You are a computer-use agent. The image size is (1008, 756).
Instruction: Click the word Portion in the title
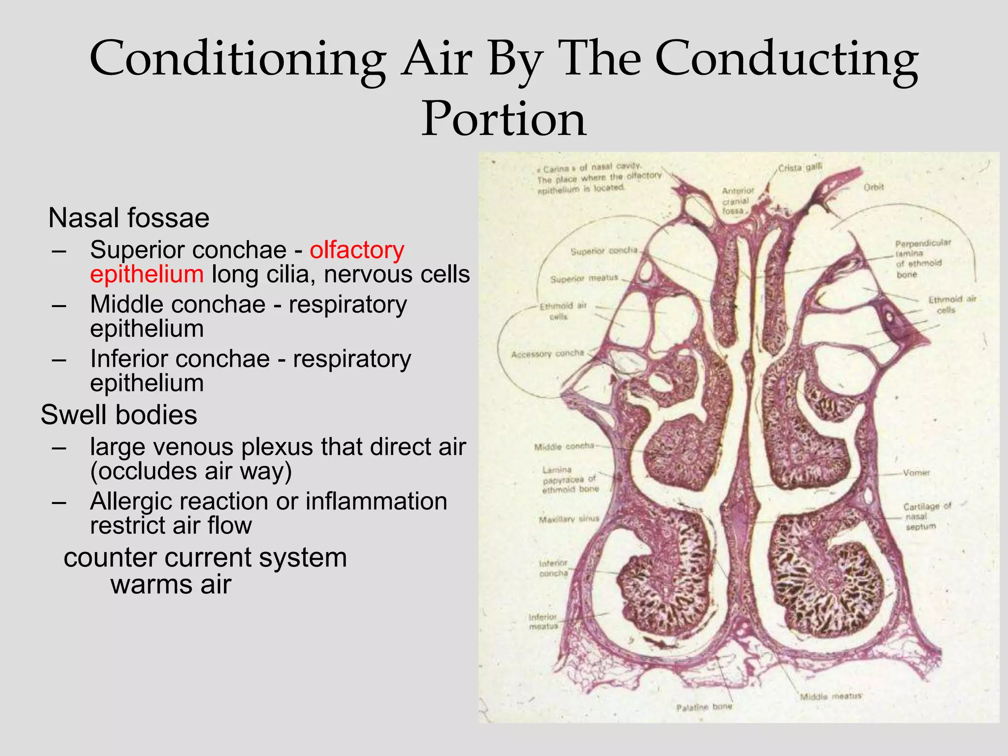(x=504, y=119)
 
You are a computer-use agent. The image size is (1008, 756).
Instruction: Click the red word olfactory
(x=357, y=250)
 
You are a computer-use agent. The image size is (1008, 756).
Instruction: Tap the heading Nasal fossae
(x=129, y=218)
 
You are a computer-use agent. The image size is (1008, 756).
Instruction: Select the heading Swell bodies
(x=119, y=415)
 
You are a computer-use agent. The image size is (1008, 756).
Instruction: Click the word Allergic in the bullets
(x=146, y=502)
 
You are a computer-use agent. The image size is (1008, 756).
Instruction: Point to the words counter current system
(x=205, y=558)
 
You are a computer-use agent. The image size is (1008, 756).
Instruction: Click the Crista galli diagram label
(x=800, y=168)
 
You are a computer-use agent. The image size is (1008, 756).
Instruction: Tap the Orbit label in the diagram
(x=874, y=188)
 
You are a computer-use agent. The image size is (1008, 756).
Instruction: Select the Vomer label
(x=916, y=472)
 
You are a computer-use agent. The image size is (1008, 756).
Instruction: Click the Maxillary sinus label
(x=569, y=519)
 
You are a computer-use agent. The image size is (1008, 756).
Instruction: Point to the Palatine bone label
(x=704, y=707)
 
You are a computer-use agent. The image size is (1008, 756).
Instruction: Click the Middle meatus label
(x=830, y=696)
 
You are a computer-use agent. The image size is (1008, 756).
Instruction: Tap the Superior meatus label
(x=584, y=279)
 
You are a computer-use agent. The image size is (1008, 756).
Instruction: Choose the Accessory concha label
(x=547, y=354)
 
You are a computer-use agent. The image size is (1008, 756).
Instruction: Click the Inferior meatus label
(x=543, y=622)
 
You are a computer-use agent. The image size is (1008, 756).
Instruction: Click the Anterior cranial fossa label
(x=737, y=201)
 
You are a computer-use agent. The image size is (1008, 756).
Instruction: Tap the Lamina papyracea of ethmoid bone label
(x=569, y=480)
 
